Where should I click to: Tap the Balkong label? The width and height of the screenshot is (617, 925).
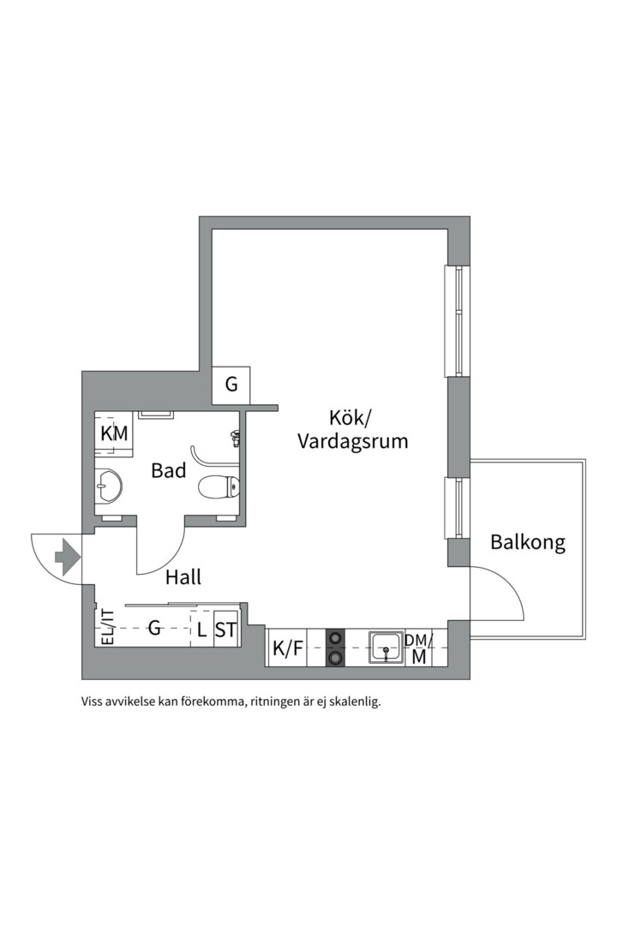528,542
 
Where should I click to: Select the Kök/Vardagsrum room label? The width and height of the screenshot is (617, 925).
351,430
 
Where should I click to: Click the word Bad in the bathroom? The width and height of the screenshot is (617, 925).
169,470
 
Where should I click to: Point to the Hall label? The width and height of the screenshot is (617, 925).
183,578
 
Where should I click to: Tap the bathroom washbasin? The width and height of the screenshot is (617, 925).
107,486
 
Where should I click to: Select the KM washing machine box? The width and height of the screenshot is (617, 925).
114,434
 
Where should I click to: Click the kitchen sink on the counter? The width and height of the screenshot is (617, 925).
386,648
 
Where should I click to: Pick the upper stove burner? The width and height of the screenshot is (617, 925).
336,637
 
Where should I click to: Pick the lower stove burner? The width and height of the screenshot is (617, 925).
336,658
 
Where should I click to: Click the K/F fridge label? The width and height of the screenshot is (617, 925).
287,649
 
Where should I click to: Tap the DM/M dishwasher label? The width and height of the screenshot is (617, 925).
418,648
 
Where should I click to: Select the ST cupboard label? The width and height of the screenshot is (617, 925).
225,631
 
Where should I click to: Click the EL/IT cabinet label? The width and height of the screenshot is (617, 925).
107,627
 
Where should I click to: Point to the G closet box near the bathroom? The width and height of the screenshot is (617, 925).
231,385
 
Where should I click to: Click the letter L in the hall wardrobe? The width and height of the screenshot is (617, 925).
201,631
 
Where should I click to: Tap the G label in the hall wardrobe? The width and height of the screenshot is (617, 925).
155,629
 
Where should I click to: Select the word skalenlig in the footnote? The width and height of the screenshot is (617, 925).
347,701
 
